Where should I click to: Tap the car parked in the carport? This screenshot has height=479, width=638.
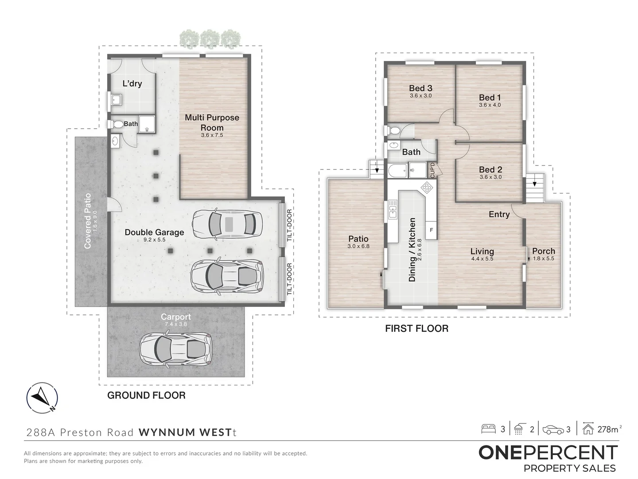[176, 349]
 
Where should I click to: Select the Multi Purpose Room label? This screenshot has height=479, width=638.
[212, 122]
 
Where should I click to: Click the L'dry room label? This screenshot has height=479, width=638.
[132, 83]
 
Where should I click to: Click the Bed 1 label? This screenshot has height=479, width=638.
[490, 98]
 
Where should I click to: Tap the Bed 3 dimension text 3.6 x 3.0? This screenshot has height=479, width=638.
[420, 96]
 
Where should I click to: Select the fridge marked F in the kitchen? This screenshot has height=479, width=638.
[431, 230]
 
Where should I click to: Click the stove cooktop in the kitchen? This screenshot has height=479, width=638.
[427, 188]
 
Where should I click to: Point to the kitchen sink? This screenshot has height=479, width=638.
[393, 209]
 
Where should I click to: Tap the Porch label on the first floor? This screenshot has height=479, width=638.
[543, 251]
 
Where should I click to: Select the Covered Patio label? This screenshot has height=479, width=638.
[88, 220]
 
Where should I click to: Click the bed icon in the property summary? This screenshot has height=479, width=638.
[488, 429]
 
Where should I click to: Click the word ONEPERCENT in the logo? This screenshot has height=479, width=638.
[548, 453]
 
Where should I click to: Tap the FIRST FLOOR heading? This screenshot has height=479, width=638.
[416, 329]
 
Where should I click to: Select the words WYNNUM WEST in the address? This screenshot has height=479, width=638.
[186, 432]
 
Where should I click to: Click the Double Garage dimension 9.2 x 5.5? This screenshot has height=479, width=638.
[154, 239]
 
